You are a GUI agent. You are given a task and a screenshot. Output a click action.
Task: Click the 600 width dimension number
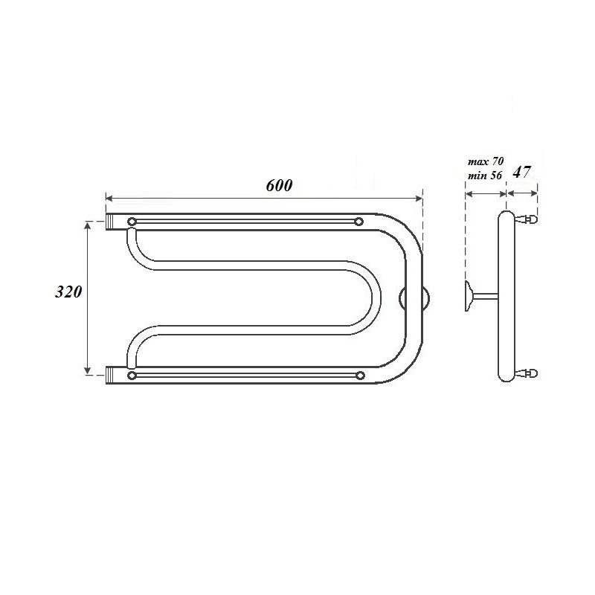tap(280, 185)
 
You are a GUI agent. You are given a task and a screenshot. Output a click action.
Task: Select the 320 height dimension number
tap(68, 292)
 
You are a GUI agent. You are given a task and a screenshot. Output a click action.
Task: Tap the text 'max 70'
tap(485, 161)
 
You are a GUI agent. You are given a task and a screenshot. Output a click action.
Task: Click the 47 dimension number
tap(522, 172)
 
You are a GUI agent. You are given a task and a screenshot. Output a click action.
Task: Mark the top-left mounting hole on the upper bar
tap(132, 221)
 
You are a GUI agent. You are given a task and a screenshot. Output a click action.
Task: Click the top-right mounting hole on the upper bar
tap(359, 221)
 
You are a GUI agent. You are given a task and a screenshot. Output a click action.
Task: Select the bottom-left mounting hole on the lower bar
tap(132, 376)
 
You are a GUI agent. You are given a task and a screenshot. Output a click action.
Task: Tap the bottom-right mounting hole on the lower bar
tap(359, 376)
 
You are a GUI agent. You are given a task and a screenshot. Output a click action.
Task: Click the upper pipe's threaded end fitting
tap(113, 221)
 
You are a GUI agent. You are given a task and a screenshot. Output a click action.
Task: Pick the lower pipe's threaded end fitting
tap(113, 375)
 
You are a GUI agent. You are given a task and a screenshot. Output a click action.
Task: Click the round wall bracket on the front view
tap(413, 299)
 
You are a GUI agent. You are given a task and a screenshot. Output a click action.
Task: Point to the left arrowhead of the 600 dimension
tap(109, 199)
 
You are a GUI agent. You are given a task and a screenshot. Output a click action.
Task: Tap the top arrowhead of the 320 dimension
tap(89, 224)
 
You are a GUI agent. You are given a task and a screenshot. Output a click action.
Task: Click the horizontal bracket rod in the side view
tap(486, 296)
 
